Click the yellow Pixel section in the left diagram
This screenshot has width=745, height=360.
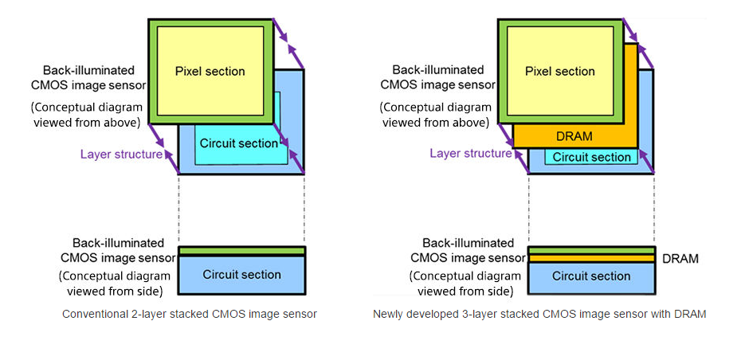(210, 72)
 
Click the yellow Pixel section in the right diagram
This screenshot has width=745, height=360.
(559, 72)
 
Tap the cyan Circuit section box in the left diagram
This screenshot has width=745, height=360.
(238, 143)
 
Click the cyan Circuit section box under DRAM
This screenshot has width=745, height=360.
(590, 157)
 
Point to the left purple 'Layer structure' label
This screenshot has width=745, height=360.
(121, 155)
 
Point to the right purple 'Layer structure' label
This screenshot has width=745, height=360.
(470, 153)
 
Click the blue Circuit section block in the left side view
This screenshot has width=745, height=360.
(241, 275)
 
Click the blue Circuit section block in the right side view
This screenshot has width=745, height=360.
(590, 276)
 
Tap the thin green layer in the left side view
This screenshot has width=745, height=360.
(241, 251)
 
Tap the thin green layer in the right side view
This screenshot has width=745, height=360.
(590, 250)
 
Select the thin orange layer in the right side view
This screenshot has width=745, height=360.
(590, 258)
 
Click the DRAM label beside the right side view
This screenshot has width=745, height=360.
(680, 259)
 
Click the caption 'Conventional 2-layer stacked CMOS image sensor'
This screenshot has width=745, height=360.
(190, 314)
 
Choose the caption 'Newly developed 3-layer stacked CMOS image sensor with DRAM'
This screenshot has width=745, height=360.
(539, 314)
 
